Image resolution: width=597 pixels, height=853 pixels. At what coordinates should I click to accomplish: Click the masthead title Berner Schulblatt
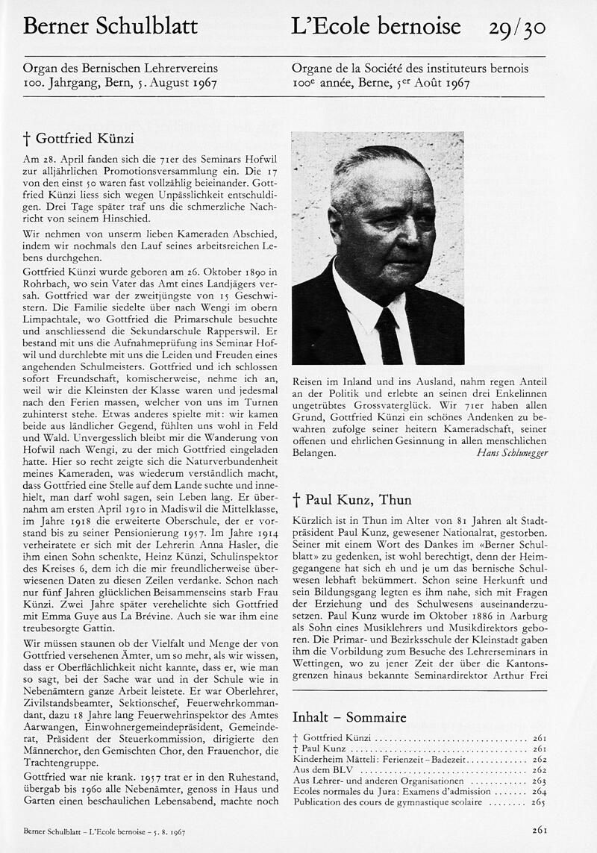click(110, 28)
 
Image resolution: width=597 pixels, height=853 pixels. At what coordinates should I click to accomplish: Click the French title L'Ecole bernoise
click(375, 28)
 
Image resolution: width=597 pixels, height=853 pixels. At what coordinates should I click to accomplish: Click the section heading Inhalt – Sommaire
click(349, 717)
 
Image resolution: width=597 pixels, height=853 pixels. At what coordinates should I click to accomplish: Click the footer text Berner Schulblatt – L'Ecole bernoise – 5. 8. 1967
click(104, 830)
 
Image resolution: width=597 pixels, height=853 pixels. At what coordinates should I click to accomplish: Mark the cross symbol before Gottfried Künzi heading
click(27, 140)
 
